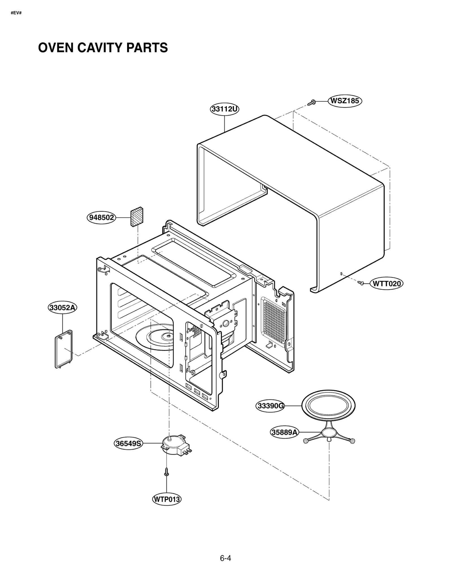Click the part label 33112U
tap(225, 109)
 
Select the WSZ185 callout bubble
tap(345, 101)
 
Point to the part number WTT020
tap(386, 283)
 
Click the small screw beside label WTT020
tap(361, 282)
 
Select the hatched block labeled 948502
tap(137, 217)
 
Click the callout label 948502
tap(101, 218)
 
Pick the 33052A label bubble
tap(62, 307)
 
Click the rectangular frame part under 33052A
tap(64, 349)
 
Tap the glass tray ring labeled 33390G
tap(328, 406)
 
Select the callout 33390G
tap(271, 406)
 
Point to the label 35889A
tap(284, 432)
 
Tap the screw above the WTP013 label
tap(167, 472)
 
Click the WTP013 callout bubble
tap(167, 499)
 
